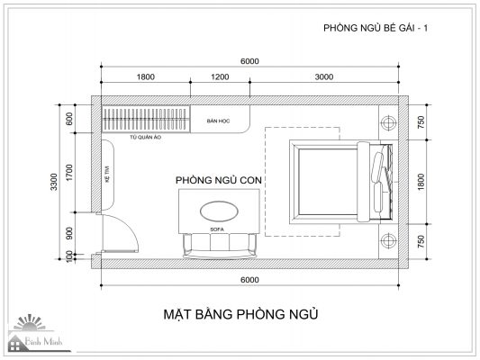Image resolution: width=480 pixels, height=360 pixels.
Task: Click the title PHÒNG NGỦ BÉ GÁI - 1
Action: (x=376, y=28)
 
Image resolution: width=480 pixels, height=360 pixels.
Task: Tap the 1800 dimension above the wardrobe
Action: (x=145, y=76)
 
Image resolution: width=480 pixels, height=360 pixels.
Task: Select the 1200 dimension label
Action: (x=220, y=76)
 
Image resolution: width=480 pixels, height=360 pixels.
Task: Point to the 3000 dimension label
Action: (x=324, y=76)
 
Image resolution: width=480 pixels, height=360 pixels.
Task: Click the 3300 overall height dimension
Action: (x=54, y=182)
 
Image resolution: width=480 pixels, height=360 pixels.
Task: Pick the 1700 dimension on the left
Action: (x=70, y=173)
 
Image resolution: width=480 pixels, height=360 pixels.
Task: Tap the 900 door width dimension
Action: (x=70, y=233)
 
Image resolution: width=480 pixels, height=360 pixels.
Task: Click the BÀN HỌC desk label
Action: (x=218, y=121)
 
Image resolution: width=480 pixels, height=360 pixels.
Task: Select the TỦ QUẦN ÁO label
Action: (x=145, y=138)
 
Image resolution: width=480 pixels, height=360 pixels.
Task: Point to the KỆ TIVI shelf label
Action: (x=107, y=175)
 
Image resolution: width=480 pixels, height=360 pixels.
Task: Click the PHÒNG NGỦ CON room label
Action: (x=219, y=180)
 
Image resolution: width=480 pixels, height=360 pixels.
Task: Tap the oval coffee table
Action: (x=219, y=211)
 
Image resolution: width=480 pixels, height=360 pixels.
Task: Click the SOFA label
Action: (x=217, y=229)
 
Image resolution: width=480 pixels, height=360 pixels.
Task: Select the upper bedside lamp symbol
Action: (x=388, y=122)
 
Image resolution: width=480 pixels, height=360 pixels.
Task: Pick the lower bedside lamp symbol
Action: (x=388, y=241)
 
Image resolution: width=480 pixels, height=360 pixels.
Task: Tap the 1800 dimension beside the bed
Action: (x=421, y=182)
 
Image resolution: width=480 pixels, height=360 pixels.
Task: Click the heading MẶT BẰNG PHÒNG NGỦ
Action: (x=241, y=314)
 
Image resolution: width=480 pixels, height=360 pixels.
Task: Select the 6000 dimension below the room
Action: (x=249, y=280)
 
